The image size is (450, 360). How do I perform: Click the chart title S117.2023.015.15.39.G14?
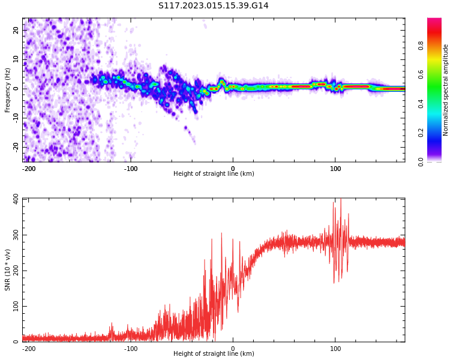[213, 6]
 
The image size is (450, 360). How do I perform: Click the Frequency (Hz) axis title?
[8, 90]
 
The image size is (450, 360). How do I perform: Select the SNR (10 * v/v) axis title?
[8, 270]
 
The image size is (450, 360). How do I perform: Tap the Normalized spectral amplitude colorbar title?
[446, 90]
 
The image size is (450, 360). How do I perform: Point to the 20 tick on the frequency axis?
[16, 30]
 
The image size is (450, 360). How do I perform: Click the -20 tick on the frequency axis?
[15, 146]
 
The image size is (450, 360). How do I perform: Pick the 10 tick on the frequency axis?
[16, 59]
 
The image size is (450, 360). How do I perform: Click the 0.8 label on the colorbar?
[421, 44]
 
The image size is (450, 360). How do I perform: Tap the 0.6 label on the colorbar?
[421, 74]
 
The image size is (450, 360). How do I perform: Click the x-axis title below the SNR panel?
[214, 354]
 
